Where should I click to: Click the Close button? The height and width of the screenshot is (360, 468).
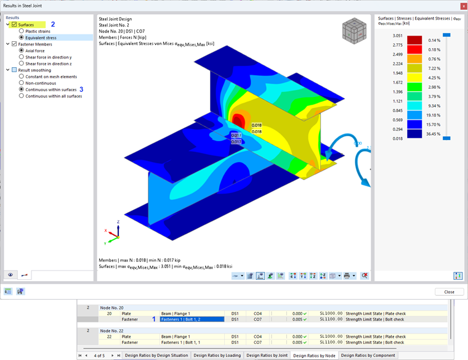click(x=449, y=292)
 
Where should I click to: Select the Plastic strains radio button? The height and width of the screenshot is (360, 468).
click(x=22, y=31)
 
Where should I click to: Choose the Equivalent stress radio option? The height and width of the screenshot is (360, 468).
click(x=22, y=38)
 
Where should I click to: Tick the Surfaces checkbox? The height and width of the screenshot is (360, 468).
click(x=14, y=24)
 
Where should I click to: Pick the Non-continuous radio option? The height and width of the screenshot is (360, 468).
click(x=22, y=83)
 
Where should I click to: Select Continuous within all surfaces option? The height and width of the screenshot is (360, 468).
click(x=22, y=96)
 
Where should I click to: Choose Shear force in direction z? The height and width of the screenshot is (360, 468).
click(x=22, y=63)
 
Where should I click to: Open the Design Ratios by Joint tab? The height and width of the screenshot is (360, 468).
click(x=267, y=356)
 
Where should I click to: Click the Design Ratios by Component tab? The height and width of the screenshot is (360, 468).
click(x=368, y=356)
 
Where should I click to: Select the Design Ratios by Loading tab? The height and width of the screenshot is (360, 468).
click(x=216, y=356)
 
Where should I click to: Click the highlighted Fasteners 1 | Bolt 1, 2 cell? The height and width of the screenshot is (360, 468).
click(x=191, y=319)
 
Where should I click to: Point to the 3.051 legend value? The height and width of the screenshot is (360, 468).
click(x=398, y=36)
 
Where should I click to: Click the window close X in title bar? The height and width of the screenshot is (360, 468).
click(x=462, y=6)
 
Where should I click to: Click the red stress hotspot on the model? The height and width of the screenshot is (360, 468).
click(x=238, y=119)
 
